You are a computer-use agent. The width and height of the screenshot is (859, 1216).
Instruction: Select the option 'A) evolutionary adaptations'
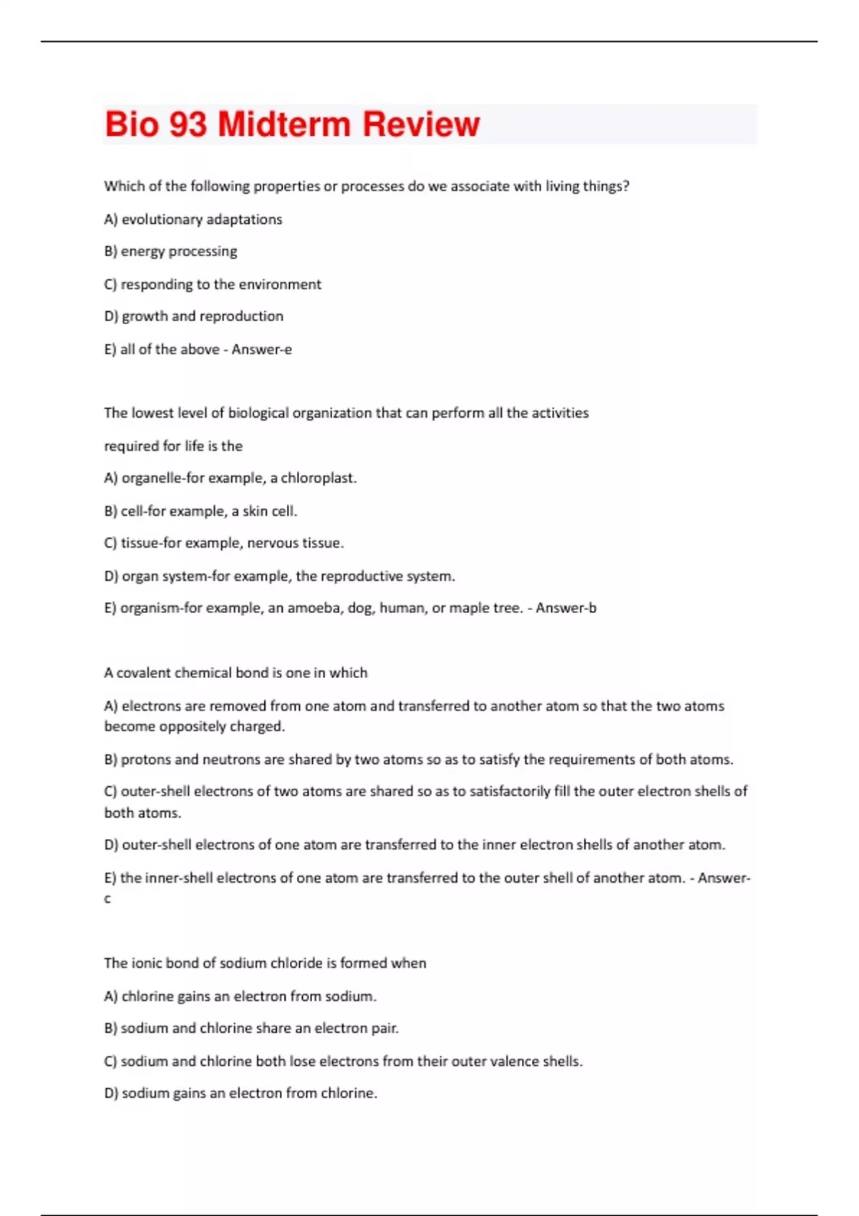pyautogui.click(x=193, y=220)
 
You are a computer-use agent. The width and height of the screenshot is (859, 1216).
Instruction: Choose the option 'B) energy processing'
pyautogui.click(x=170, y=252)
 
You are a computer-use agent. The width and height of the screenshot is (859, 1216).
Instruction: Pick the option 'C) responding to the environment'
pyautogui.click(x=213, y=285)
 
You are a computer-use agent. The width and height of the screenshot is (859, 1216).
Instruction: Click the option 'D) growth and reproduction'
pyautogui.click(x=193, y=316)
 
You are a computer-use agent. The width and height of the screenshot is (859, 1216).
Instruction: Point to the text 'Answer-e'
pyautogui.click(x=261, y=350)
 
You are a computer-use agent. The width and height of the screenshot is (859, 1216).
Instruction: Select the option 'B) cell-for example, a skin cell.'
pyautogui.click(x=200, y=511)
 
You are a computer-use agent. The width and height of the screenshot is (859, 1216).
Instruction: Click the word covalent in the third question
pyautogui.click(x=144, y=673)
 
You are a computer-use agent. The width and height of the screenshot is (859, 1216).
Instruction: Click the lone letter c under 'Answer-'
pyautogui.click(x=107, y=899)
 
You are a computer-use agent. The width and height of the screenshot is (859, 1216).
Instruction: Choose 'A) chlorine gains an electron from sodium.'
pyautogui.click(x=240, y=996)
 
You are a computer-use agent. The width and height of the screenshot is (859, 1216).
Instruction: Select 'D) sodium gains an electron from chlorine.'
pyautogui.click(x=241, y=1094)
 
